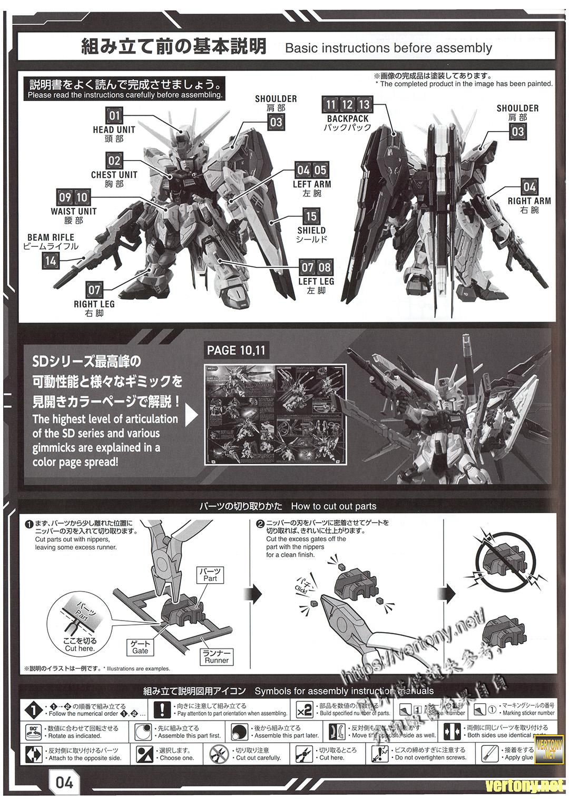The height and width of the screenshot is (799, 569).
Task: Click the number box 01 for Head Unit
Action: (114, 115)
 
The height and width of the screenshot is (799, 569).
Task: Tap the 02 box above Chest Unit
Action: (114, 161)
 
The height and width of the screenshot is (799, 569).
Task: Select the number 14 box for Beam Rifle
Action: (50, 260)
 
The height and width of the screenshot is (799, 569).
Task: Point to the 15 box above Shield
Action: (311, 216)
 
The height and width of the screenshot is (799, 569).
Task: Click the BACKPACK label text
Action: (348, 119)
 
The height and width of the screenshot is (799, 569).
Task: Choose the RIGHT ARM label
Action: (529, 201)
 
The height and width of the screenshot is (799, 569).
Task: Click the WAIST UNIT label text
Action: (74, 211)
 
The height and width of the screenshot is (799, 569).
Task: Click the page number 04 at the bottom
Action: (64, 782)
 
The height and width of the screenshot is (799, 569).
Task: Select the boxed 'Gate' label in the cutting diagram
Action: (140, 647)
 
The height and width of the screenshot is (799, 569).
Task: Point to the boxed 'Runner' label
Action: (217, 656)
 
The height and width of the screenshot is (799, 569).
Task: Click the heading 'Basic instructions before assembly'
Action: (388, 48)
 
